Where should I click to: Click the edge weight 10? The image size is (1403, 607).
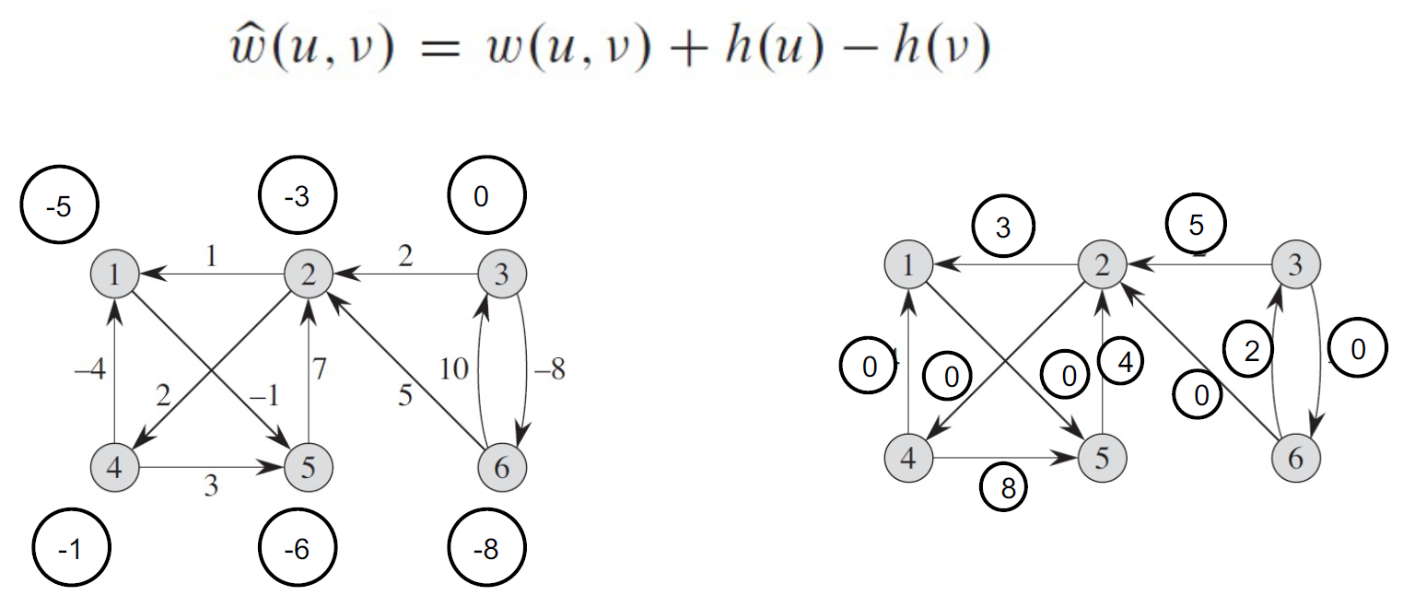tap(455, 369)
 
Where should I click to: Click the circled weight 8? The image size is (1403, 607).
tap(1008, 487)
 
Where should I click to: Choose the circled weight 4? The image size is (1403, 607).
tap(1123, 361)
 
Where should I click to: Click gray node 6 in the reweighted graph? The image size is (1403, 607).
tap(1295, 457)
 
